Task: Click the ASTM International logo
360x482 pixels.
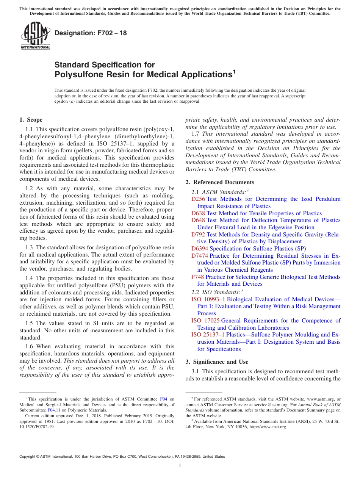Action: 35,36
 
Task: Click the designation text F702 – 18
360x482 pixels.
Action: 91,33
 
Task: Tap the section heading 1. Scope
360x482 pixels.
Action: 31,120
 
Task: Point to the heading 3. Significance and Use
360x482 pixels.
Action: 217,362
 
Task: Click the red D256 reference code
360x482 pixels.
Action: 198,199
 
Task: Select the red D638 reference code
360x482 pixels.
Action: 198,213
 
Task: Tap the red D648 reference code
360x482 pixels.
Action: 198,220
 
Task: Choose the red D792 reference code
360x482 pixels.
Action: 198,235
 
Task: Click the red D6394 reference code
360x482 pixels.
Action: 200,249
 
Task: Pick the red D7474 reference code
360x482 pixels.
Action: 200,256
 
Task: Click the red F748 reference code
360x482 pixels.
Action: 197,277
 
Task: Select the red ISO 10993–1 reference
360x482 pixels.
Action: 208,299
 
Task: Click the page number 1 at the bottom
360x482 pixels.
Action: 180,465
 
